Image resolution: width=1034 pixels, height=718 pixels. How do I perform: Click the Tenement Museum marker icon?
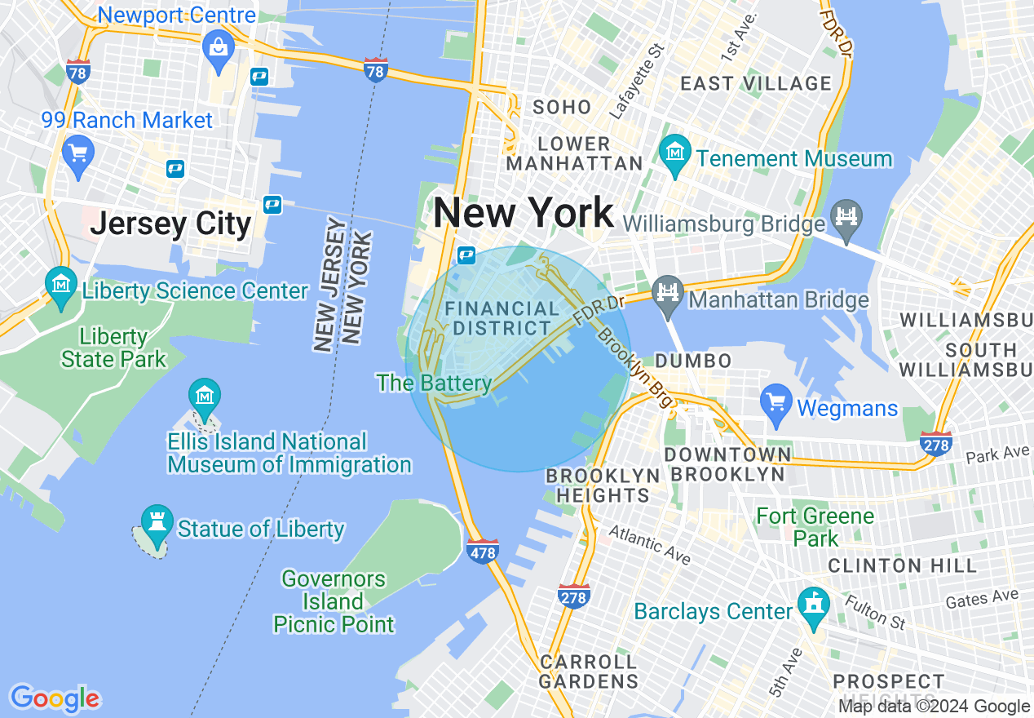point(676,153)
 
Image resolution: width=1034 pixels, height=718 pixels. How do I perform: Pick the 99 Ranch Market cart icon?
point(78,153)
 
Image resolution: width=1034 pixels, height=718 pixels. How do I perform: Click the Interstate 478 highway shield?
point(483,552)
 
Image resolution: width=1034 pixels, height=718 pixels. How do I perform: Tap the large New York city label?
point(524,214)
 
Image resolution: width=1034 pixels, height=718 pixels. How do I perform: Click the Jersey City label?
point(170,224)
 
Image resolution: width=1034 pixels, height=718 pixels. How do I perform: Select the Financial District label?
point(502,319)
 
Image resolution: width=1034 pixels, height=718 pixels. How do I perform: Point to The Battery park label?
point(434,383)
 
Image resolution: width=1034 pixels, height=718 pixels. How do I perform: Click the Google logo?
point(55,698)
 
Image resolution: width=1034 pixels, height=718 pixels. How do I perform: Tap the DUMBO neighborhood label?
point(693,361)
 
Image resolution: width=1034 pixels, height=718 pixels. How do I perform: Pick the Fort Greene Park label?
point(815,527)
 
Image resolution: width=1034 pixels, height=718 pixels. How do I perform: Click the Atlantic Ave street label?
point(649,545)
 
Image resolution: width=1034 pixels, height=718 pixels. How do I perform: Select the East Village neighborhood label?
point(755,83)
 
